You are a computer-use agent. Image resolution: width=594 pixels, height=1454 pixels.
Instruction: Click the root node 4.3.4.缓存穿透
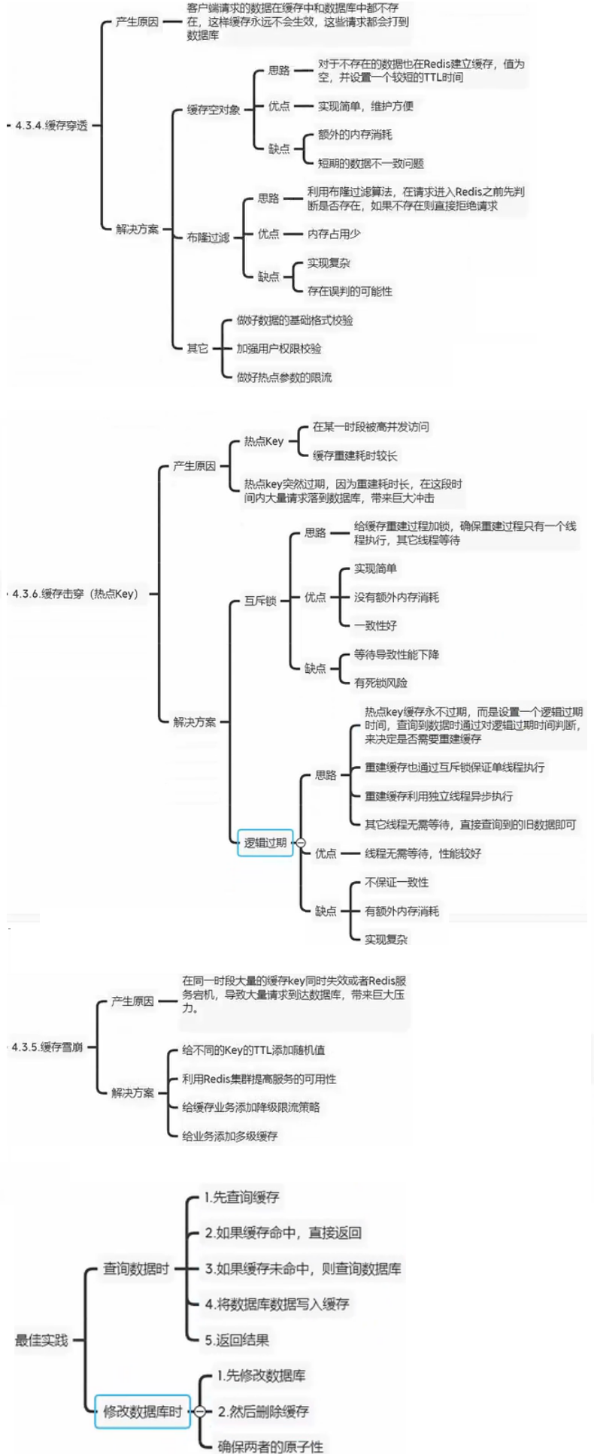(x=51, y=126)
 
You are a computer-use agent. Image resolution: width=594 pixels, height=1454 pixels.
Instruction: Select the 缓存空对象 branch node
(x=214, y=110)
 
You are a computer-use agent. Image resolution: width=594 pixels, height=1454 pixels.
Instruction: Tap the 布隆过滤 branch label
(x=208, y=238)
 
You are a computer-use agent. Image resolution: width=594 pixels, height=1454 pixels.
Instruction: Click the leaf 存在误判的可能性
(x=350, y=291)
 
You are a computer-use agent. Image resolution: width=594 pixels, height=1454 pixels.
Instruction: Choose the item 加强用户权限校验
(x=279, y=348)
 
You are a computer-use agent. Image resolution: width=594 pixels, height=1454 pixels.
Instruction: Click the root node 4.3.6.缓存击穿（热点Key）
(x=75, y=594)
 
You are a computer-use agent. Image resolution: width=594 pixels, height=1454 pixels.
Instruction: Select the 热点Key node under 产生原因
(x=263, y=441)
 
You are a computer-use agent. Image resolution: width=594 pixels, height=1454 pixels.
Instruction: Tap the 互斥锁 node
(x=260, y=601)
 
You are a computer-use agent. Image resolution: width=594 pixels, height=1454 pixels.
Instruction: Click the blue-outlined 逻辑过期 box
(x=265, y=843)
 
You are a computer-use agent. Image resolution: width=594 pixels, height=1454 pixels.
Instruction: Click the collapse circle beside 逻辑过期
(x=301, y=843)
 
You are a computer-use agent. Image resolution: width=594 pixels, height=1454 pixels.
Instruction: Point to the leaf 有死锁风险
(x=380, y=683)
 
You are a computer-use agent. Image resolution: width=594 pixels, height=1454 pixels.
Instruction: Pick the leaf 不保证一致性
(x=396, y=883)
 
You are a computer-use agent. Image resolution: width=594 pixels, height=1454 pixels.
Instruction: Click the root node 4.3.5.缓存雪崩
(x=47, y=1047)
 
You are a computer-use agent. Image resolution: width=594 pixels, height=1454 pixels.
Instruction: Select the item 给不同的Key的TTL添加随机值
(x=253, y=1050)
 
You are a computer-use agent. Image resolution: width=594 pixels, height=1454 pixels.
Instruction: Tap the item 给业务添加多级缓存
(x=229, y=1136)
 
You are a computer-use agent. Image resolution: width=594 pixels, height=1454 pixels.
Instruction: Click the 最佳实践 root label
(x=41, y=1340)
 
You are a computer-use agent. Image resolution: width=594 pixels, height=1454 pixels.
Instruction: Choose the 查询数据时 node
(x=135, y=1269)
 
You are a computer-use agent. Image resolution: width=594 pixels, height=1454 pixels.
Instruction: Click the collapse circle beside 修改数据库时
(x=199, y=1412)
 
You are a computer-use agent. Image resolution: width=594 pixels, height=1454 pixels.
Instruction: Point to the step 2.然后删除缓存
(x=263, y=1412)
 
